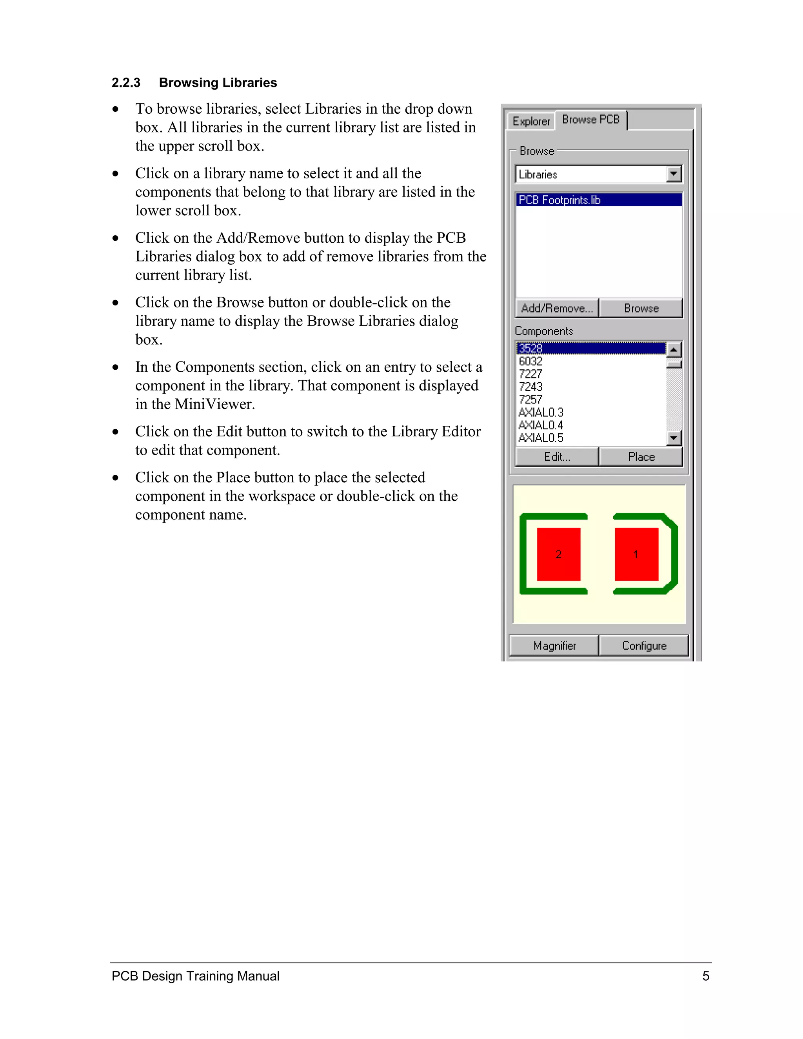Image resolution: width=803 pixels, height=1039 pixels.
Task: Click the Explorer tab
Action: click(x=530, y=121)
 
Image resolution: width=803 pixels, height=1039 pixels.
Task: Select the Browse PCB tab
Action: click(x=590, y=120)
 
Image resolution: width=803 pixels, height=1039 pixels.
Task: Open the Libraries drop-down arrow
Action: click(x=674, y=174)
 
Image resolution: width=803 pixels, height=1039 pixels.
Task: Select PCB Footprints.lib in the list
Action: click(x=560, y=200)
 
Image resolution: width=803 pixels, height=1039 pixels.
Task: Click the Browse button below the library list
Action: click(x=641, y=308)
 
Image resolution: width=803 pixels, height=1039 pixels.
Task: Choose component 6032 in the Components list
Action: click(x=530, y=361)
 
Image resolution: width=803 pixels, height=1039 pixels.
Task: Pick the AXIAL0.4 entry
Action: click(x=540, y=425)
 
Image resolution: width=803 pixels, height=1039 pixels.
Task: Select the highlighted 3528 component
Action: click(x=530, y=348)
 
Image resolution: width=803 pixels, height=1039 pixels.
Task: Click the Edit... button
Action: click(x=557, y=457)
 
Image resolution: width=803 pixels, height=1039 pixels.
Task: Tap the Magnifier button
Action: click(x=554, y=646)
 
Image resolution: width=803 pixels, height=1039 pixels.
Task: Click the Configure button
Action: click(x=644, y=646)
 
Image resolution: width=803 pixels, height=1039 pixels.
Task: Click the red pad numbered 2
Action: click(x=558, y=554)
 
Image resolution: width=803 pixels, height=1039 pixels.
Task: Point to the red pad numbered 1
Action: click(x=636, y=554)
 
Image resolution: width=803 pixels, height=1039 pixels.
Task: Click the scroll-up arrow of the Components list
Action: click(x=674, y=350)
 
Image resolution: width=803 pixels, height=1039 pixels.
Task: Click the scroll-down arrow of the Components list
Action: click(x=674, y=438)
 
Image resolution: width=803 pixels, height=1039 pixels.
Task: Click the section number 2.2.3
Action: click(x=125, y=83)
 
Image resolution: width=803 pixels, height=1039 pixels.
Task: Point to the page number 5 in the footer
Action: click(x=705, y=976)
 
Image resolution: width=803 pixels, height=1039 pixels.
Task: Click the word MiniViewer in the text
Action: click(x=214, y=404)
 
